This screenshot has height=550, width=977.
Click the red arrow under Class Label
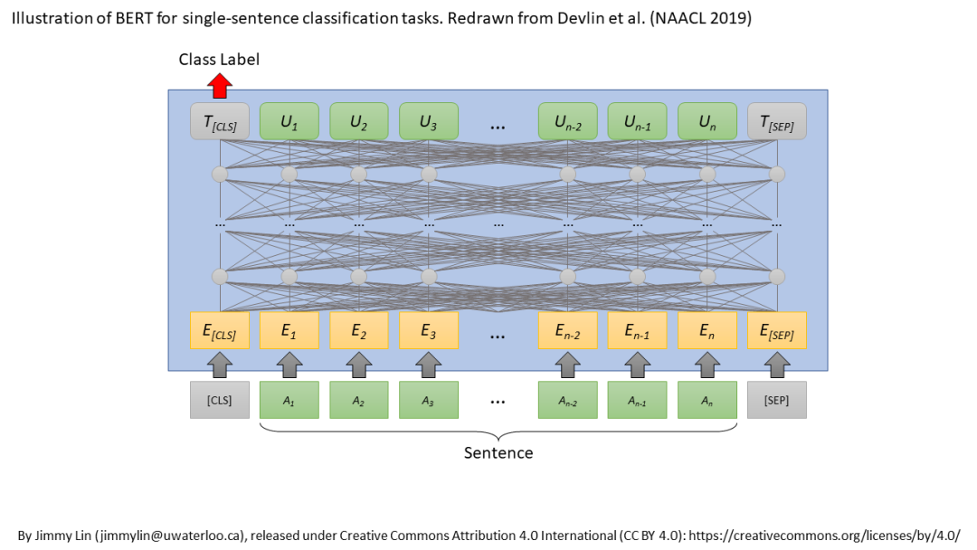click(x=220, y=86)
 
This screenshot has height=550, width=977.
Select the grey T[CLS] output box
click(x=220, y=122)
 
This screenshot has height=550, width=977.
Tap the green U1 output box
click(x=289, y=122)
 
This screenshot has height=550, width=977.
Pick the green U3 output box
click(x=429, y=122)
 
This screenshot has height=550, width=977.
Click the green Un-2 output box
click(x=568, y=122)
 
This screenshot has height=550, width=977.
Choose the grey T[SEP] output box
click(x=777, y=122)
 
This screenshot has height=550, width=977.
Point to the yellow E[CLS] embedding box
click(x=220, y=330)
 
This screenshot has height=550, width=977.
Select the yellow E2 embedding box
click(x=359, y=330)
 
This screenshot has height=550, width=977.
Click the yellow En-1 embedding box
click(x=638, y=330)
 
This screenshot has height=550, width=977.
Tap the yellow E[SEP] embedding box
click(x=777, y=330)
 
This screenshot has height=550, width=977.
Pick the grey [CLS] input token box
click(x=220, y=400)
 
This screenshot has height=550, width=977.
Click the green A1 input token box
click(x=289, y=400)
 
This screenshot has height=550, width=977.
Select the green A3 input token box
click(x=429, y=400)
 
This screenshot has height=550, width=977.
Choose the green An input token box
click(x=707, y=400)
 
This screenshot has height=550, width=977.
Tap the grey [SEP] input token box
click(x=777, y=400)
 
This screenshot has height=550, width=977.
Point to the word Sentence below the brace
click(x=498, y=452)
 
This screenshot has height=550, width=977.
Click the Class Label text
click(x=219, y=60)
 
